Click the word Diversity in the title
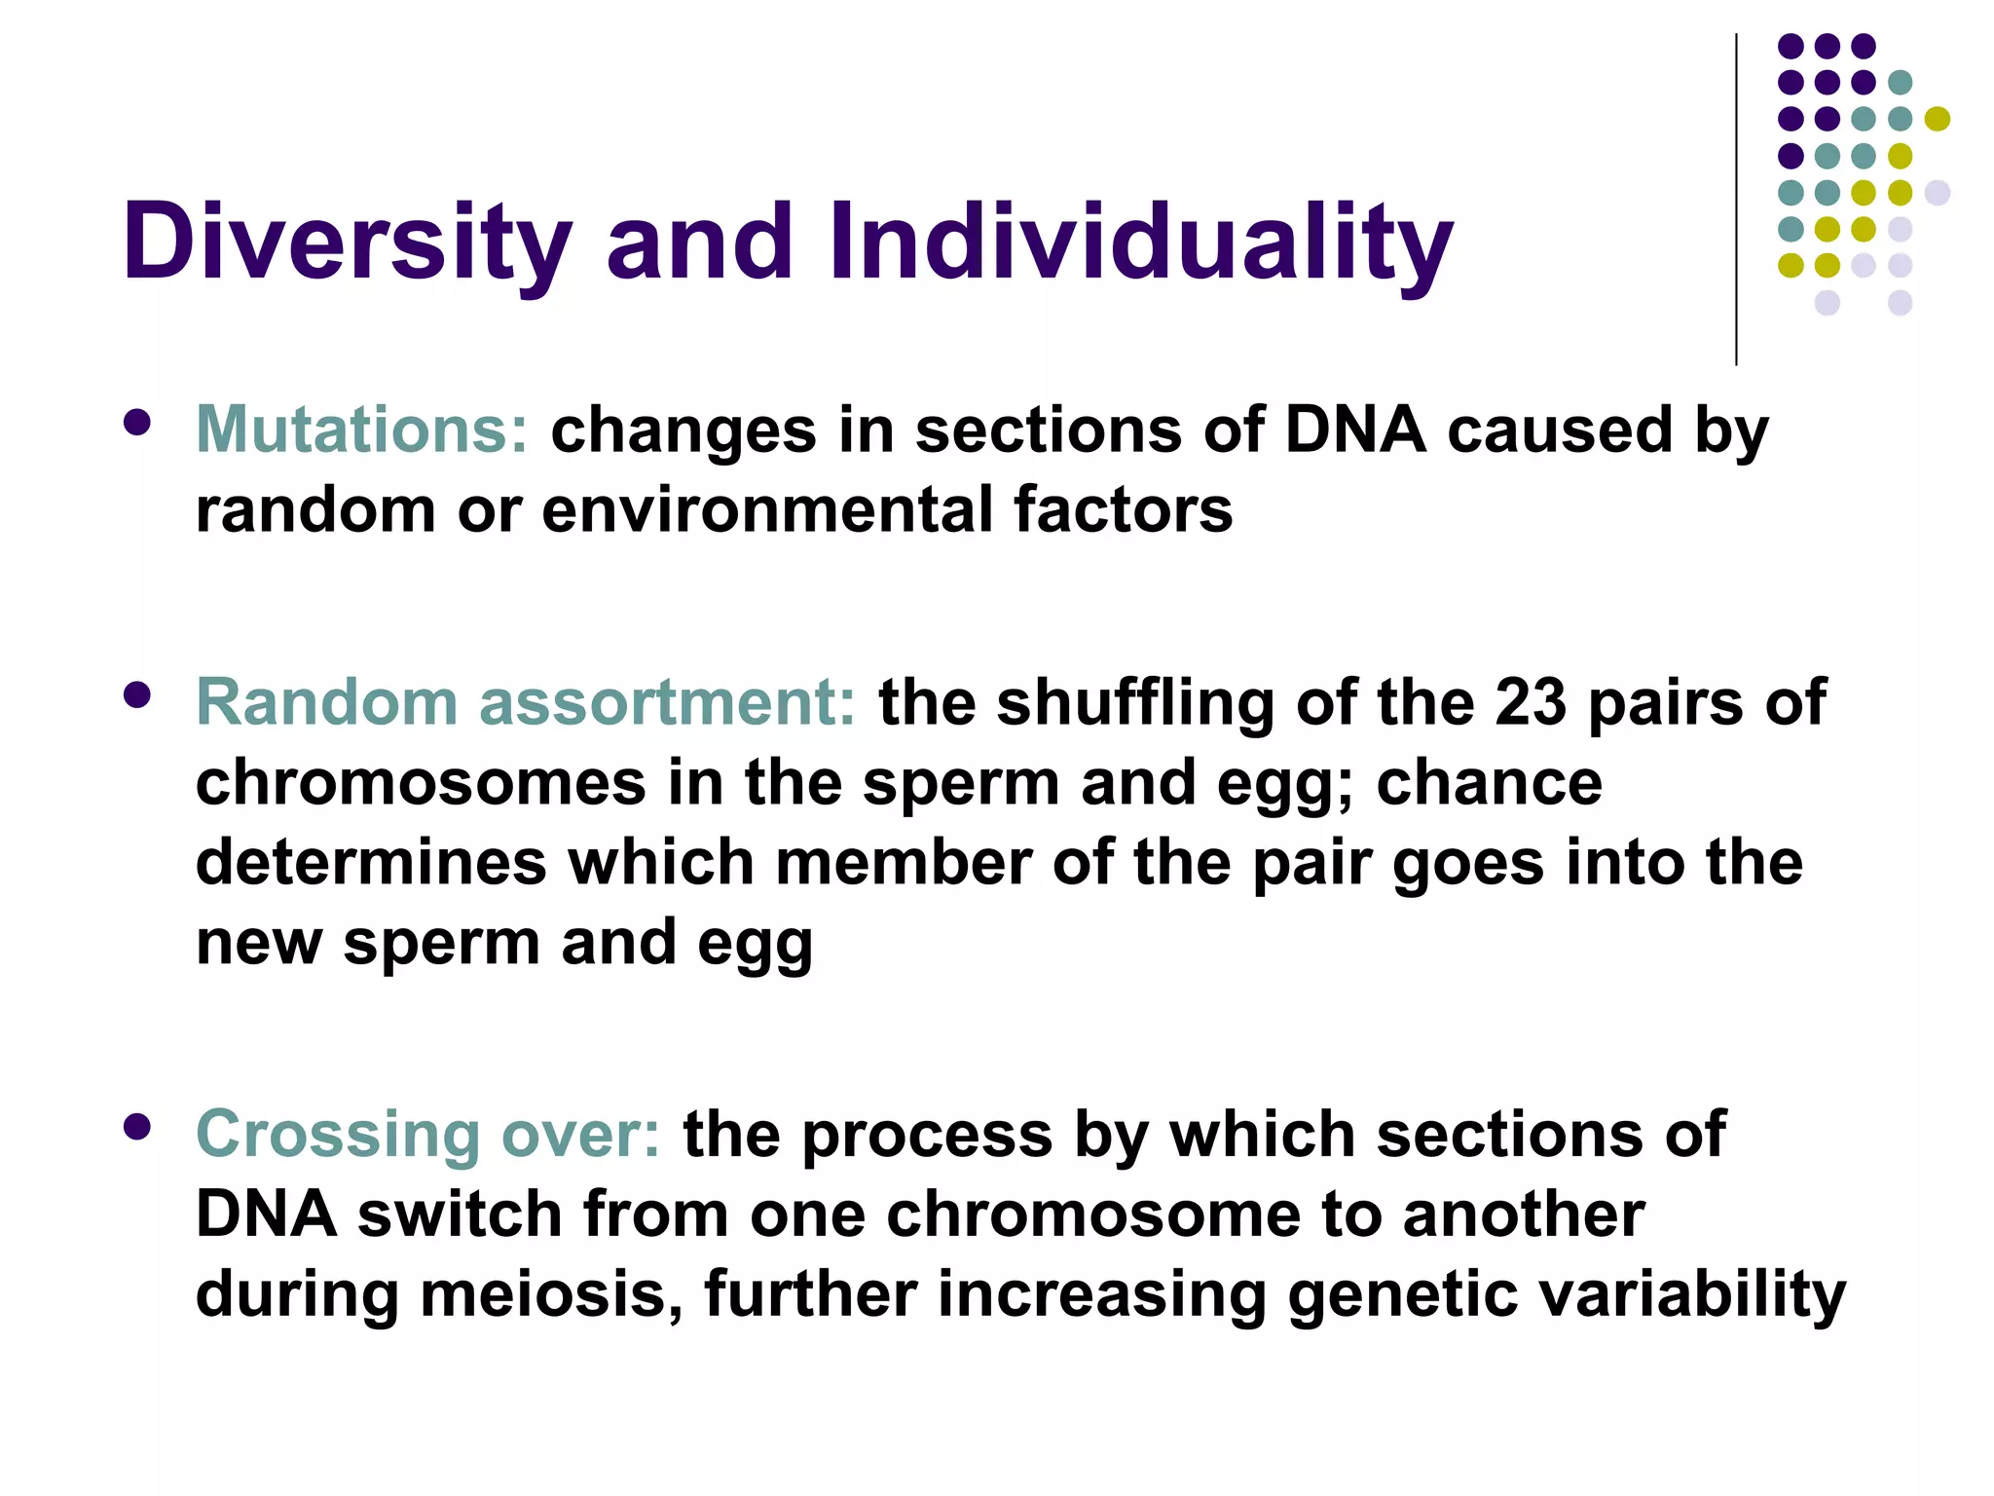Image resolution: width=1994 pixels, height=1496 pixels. [x=346, y=242]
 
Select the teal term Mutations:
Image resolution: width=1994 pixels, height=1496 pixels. [x=361, y=430]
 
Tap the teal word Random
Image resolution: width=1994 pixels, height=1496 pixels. [x=327, y=702]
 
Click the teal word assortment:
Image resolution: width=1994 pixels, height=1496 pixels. [x=667, y=702]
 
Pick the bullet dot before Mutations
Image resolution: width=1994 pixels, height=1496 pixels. [x=137, y=422]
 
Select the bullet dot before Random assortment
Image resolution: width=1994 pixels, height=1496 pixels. [x=137, y=694]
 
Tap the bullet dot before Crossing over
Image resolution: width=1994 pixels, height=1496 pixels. [x=137, y=1127]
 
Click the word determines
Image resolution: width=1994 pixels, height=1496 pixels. [x=371, y=863]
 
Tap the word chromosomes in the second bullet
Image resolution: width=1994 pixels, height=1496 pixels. [x=421, y=783]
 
